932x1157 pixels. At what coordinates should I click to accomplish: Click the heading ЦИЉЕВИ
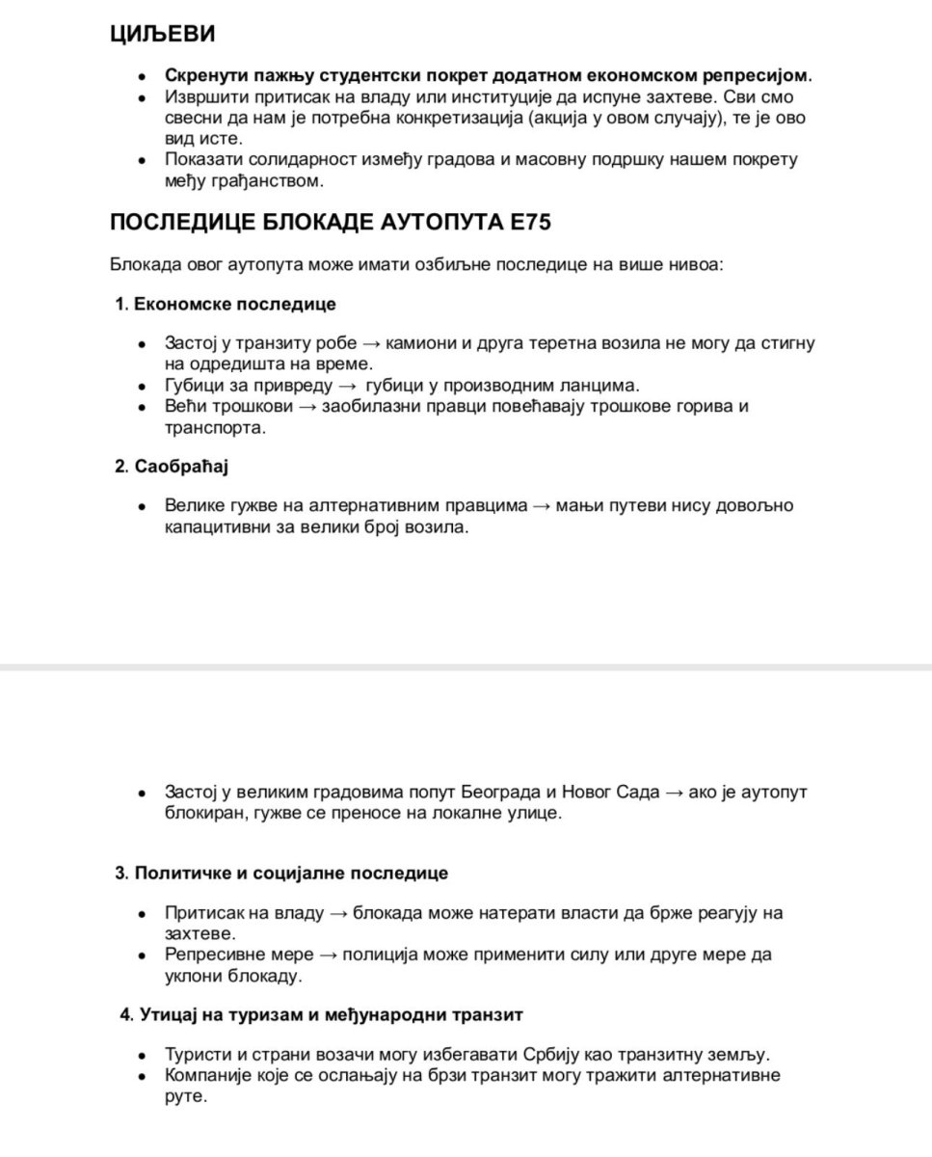point(162,34)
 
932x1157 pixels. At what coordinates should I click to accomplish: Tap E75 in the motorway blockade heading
point(527,223)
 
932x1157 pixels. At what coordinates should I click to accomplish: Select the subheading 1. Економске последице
point(226,304)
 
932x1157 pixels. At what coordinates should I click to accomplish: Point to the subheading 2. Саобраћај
point(171,467)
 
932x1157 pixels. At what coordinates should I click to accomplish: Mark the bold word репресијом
point(760,75)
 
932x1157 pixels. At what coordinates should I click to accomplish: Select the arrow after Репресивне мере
point(328,955)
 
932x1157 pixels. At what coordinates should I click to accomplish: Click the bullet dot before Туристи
point(143,1055)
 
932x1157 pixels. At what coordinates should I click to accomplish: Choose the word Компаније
point(208,1075)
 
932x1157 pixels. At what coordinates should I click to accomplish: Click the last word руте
point(185,1096)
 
